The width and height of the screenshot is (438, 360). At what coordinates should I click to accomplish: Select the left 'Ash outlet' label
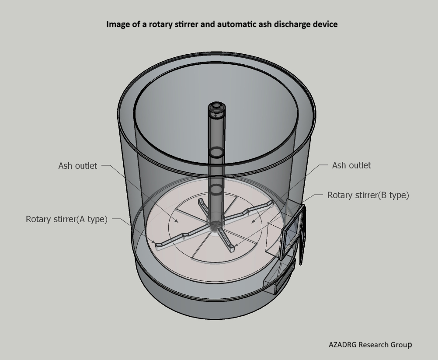pos(77,166)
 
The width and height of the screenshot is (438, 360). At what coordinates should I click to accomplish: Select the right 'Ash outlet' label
pos(351,165)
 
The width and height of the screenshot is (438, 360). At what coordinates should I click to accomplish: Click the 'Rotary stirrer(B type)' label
pos(368,195)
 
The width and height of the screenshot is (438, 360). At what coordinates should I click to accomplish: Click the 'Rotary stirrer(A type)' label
pos(66,219)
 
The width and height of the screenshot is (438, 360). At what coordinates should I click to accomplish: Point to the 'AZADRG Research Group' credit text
pos(370,345)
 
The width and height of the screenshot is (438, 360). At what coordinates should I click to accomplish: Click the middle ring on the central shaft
pos(216,152)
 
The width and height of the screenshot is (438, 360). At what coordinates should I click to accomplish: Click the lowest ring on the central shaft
pos(216,190)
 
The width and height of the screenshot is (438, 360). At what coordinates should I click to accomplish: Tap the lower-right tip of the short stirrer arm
pos(231,249)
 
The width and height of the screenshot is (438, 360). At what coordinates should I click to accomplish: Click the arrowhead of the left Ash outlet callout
pos(178,222)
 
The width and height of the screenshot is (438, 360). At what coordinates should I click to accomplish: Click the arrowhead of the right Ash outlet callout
pos(253,222)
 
